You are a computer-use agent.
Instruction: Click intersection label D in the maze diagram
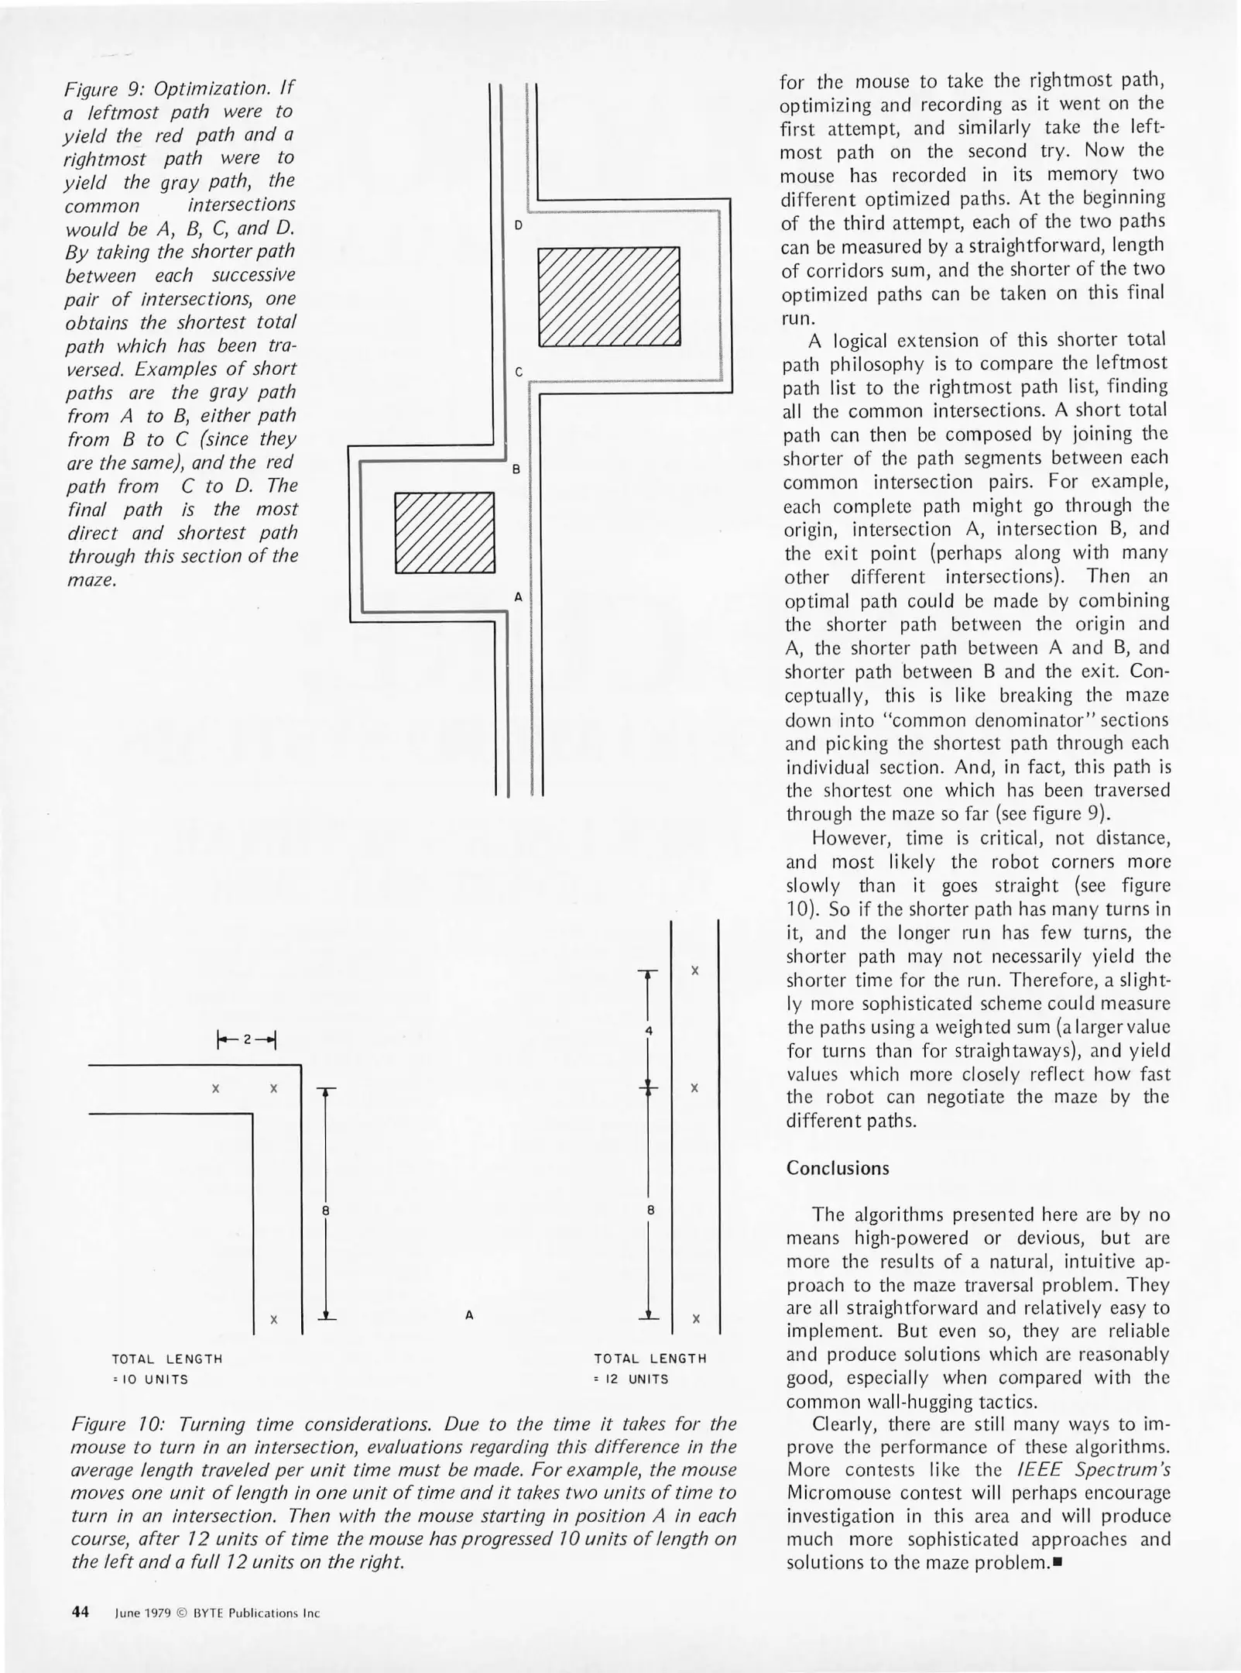tap(519, 225)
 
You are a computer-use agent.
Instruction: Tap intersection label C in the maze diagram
tap(519, 372)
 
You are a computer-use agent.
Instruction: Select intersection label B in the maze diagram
tap(516, 469)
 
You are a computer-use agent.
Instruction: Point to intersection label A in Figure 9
tap(518, 597)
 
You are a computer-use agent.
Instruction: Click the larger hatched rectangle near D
tap(609, 296)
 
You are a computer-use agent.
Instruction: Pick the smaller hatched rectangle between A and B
tap(444, 533)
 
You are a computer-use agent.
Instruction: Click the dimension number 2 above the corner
tap(247, 1039)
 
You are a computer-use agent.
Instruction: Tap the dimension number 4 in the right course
tap(650, 1031)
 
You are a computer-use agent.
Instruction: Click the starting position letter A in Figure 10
tap(469, 1315)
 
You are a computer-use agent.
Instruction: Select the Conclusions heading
tap(838, 1168)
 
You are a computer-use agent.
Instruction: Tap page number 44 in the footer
tap(81, 1613)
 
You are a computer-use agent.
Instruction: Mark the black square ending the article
tap(1058, 1562)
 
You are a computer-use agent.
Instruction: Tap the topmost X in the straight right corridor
tap(695, 970)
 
